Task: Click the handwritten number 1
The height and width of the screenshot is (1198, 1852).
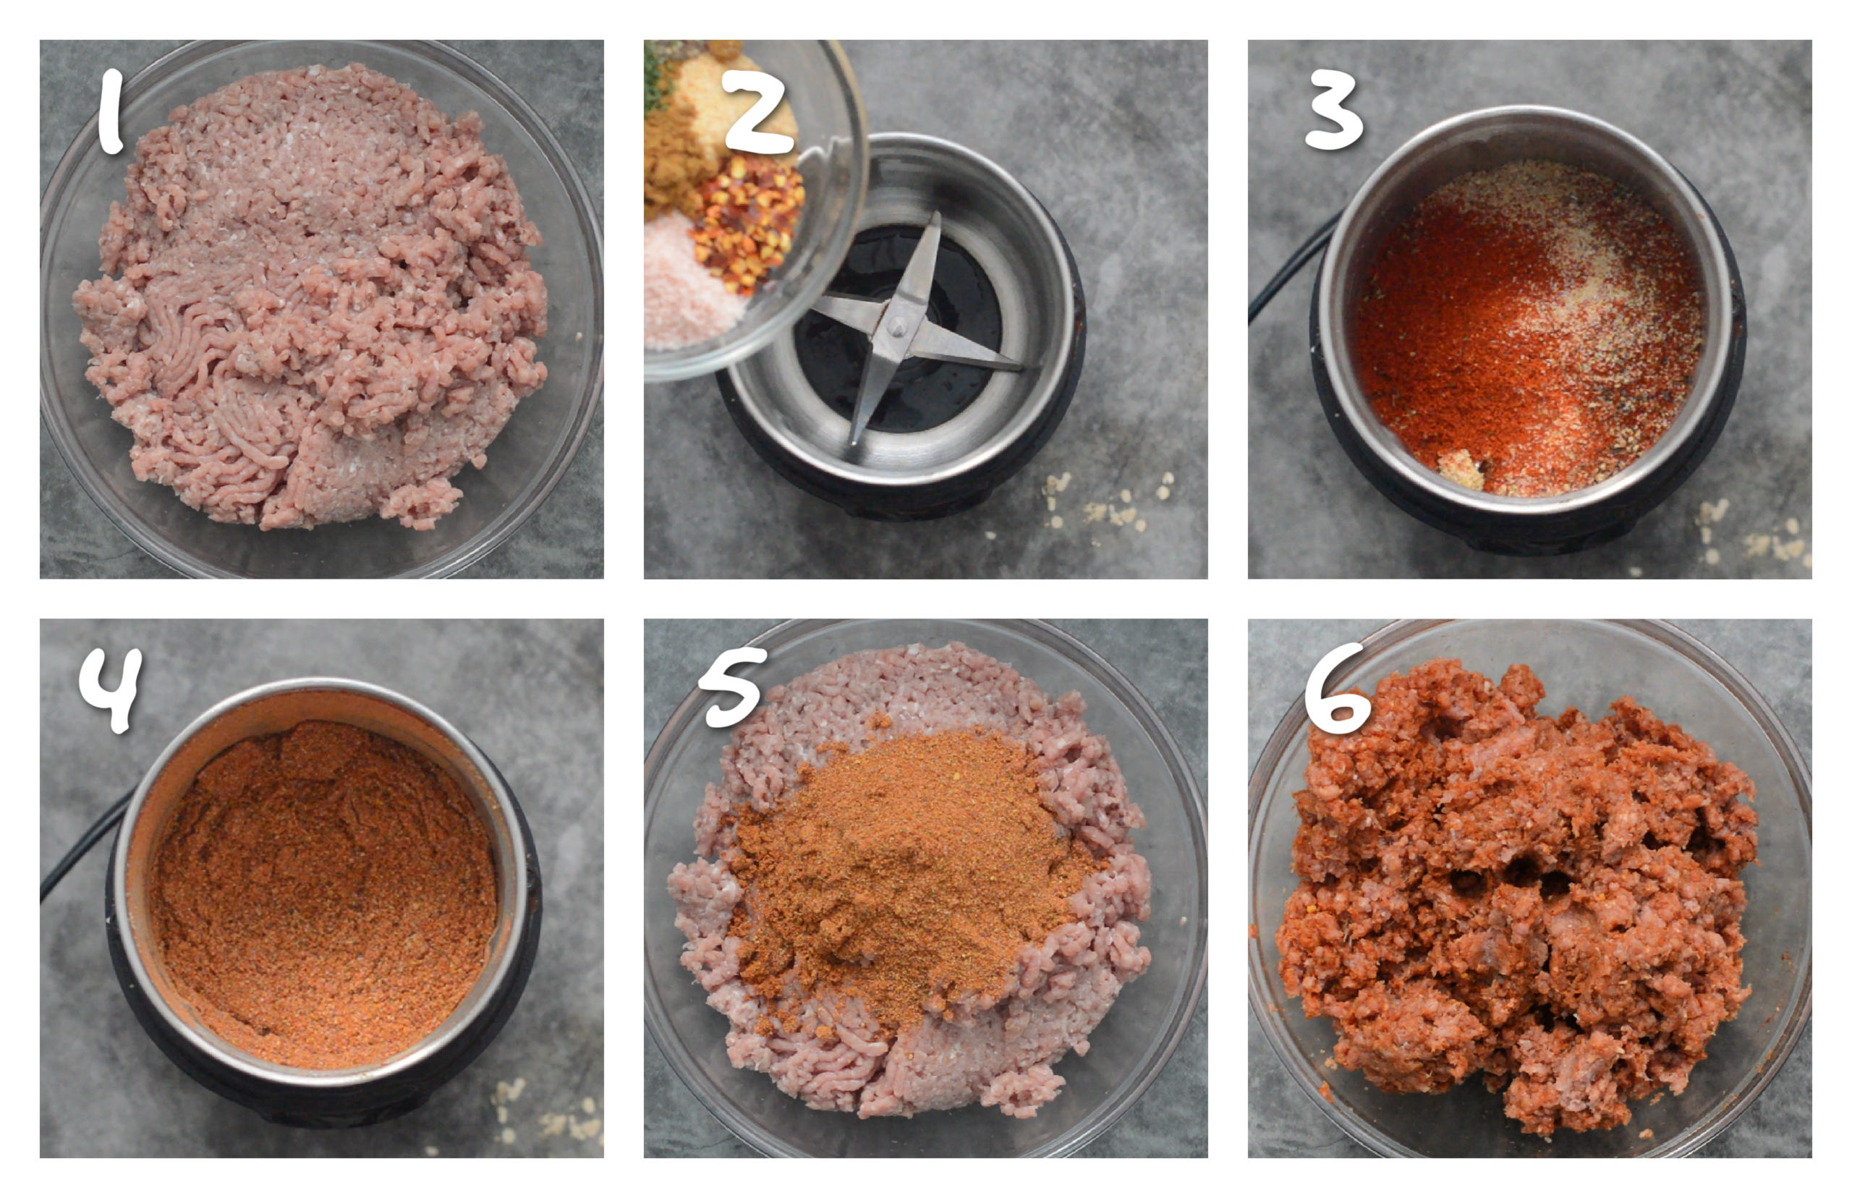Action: point(111,111)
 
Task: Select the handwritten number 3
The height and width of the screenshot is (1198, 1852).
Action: point(1333,109)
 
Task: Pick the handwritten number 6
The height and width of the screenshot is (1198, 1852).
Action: point(1336,689)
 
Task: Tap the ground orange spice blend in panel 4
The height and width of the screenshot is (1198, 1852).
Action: point(323,895)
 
